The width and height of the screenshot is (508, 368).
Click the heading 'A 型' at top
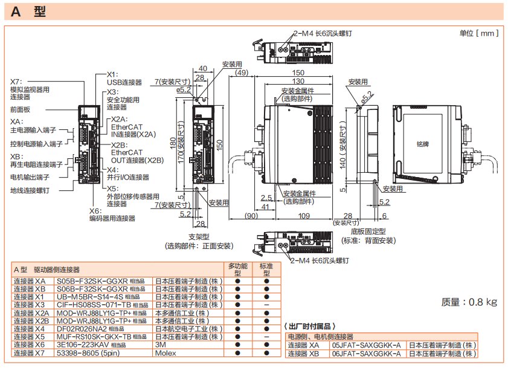(28, 11)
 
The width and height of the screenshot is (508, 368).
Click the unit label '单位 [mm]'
(479, 33)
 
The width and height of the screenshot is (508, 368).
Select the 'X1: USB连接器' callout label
(124, 79)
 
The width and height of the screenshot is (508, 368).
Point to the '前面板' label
(20, 109)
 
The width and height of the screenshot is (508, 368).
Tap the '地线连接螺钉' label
(30, 190)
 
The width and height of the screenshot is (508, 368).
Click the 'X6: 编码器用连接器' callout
(112, 215)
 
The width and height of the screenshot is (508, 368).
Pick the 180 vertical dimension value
(173, 143)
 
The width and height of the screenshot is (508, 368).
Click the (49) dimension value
(242, 73)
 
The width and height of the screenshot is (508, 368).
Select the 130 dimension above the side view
(298, 81)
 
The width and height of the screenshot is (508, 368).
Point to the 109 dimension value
(304, 216)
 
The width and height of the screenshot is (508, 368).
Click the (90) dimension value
(251, 216)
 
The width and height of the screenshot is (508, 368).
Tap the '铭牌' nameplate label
(423, 144)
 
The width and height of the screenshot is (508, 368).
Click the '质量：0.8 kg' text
(469, 302)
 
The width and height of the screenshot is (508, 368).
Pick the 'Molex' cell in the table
(166, 353)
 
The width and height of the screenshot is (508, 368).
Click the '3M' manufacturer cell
(161, 344)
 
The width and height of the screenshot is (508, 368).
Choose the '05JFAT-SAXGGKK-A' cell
(367, 345)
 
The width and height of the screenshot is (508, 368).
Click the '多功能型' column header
(238, 270)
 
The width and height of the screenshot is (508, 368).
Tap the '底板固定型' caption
(368, 231)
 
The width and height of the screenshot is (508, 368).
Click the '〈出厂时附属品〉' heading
(310, 326)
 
